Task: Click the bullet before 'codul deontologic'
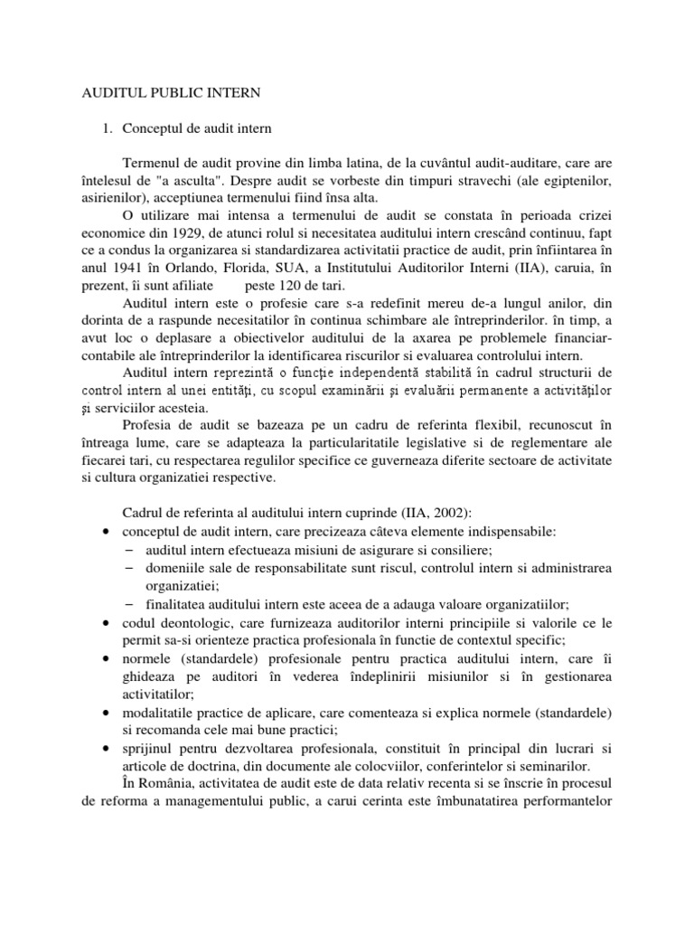coord(108,624)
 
